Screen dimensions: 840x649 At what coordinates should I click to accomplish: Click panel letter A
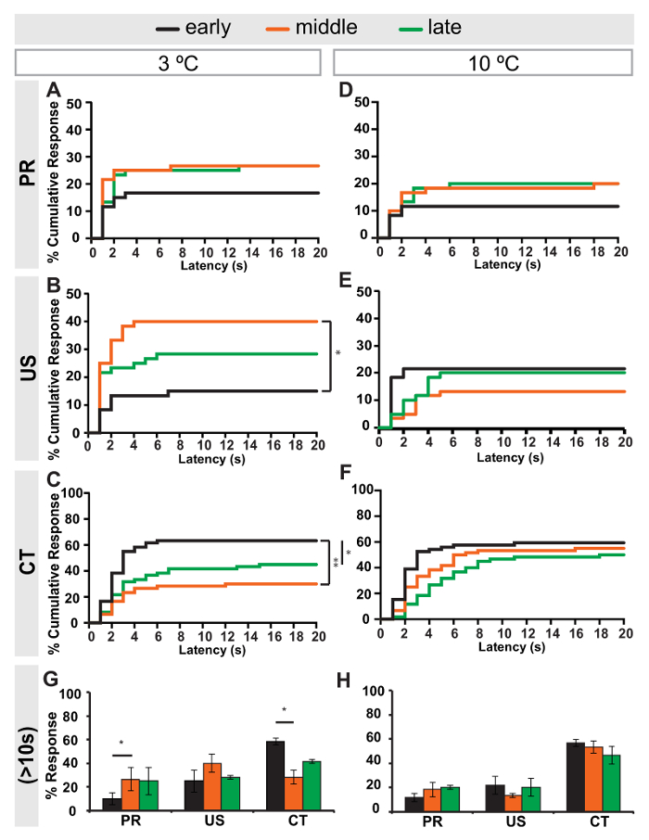click(x=56, y=90)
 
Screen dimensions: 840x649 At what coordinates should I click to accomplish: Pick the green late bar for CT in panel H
click(x=612, y=782)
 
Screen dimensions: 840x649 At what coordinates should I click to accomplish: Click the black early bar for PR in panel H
click(x=388, y=803)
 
